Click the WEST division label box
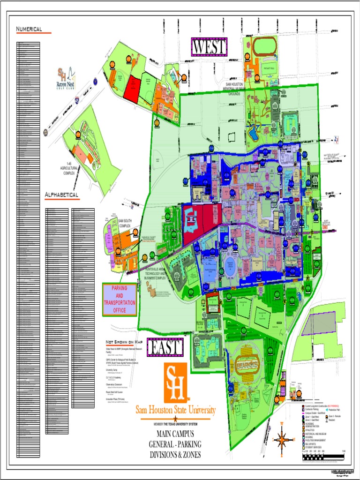pyautogui.click(x=210, y=47)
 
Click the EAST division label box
pyautogui.click(x=165, y=347)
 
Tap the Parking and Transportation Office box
pyautogui.click(x=120, y=299)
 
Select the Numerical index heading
pyautogui.click(x=29, y=30)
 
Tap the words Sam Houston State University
pyautogui.click(x=176, y=411)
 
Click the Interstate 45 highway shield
pyautogui.click(x=76, y=99)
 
